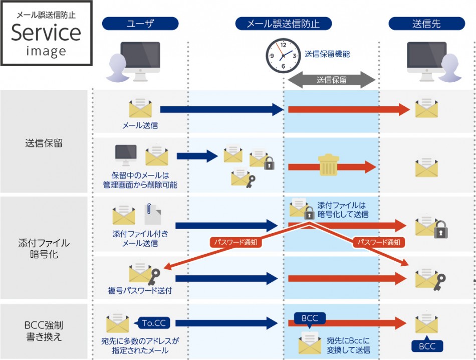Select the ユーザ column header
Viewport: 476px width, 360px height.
(140, 23)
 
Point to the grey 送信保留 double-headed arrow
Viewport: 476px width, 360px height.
(331, 80)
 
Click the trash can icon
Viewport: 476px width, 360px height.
(329, 165)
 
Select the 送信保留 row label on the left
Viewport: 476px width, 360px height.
(44, 143)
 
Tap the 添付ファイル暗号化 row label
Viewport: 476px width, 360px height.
(44, 247)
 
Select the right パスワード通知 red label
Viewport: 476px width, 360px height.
(379, 243)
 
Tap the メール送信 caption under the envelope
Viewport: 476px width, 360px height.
(140, 125)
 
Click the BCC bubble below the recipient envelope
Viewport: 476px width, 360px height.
(427, 346)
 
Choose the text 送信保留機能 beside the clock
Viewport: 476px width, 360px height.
(327, 54)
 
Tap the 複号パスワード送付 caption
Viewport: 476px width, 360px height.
(140, 290)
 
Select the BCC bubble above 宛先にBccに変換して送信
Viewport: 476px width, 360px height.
(309, 318)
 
